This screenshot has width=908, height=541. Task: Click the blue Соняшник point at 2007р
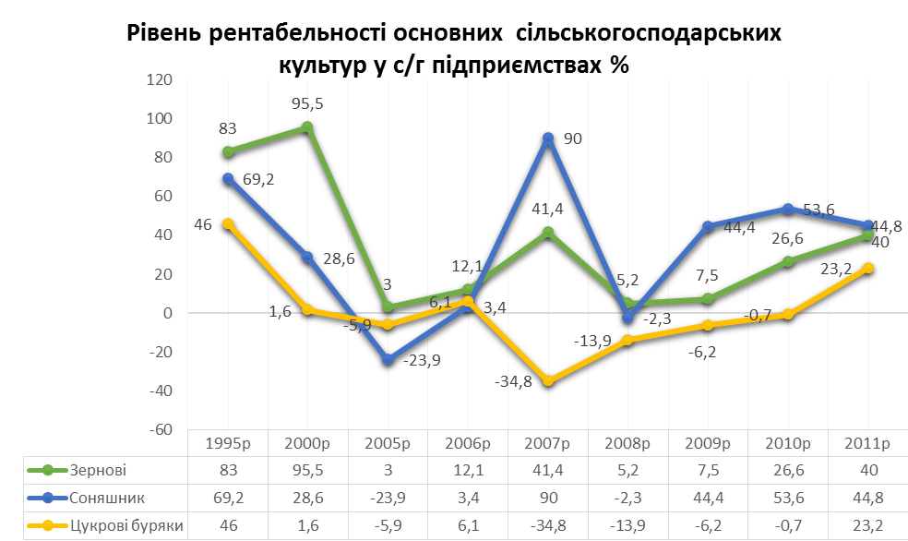tap(548, 138)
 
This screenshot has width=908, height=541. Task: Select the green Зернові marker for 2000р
tap(307, 127)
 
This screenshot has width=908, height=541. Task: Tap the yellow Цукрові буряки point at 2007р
tap(548, 380)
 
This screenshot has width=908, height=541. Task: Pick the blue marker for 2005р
tap(388, 359)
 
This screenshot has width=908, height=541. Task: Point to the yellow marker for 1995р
tap(227, 223)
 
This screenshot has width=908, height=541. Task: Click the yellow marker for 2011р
tap(867, 268)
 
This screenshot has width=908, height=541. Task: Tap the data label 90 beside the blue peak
tap(573, 138)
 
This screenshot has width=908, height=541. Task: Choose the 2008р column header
tap(627, 443)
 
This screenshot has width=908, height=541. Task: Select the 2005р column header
tap(388, 443)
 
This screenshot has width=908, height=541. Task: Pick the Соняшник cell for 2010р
tap(787, 499)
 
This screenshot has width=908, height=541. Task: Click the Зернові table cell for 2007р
tap(548, 470)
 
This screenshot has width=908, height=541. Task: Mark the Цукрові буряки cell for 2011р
tap(867, 526)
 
